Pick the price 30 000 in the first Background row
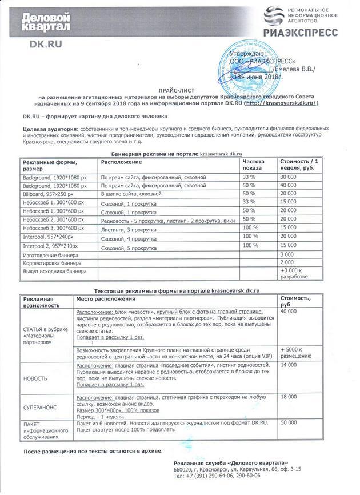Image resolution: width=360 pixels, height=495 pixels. click(289, 177)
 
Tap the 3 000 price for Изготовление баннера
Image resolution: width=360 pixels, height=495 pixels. click(287, 253)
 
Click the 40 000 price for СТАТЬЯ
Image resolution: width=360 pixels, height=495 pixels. click(289, 311)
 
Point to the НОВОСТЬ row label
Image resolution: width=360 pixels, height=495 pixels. click(35, 378)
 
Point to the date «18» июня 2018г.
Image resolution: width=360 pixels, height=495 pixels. click(257, 75)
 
